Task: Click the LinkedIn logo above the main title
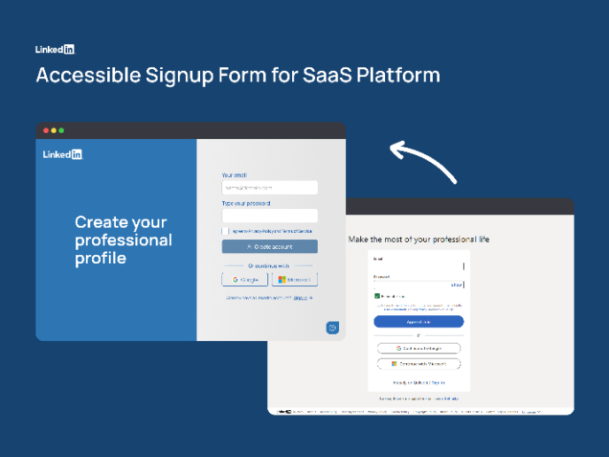pos(55,50)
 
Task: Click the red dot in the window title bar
pos(46,131)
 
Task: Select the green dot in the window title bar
pos(61,131)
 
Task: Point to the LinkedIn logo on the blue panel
pos(63,154)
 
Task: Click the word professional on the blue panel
pos(123,240)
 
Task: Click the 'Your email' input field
pos(269,188)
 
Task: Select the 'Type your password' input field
pos(269,215)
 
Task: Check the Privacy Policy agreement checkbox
pos(226,231)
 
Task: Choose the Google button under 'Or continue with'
pos(244,280)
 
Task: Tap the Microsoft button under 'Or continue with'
pos(294,280)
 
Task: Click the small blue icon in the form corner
pos(332,328)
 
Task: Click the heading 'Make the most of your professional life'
pos(419,239)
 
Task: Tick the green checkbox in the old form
pos(377,296)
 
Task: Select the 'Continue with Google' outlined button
pos(419,349)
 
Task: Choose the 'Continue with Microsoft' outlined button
pos(419,364)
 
